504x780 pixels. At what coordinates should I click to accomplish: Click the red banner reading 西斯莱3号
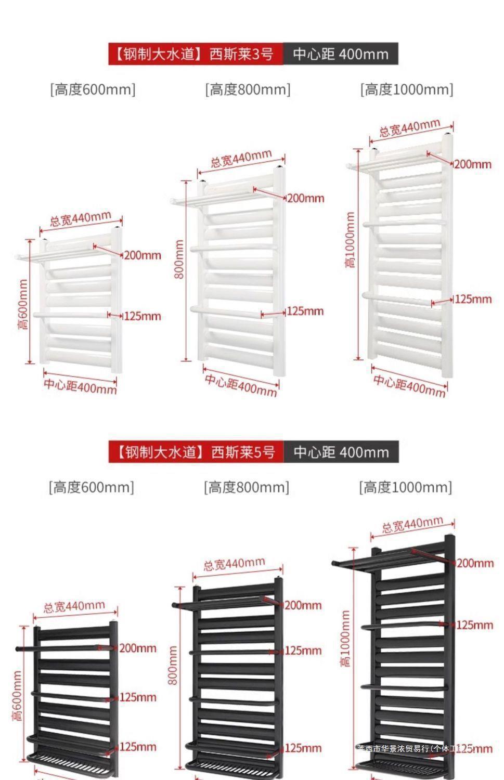[x=196, y=54]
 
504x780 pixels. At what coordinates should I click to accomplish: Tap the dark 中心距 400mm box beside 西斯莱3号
[x=341, y=54]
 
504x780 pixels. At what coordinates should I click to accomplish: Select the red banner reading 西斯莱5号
[x=196, y=452]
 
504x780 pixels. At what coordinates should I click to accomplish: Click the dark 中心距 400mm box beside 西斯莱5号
[x=341, y=452]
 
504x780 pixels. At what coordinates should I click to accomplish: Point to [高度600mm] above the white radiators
[x=93, y=89]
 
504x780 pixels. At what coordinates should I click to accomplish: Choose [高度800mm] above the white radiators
[x=248, y=89]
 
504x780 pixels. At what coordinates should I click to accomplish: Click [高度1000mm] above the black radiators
[x=405, y=487]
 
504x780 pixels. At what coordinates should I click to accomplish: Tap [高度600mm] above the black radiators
[x=92, y=487]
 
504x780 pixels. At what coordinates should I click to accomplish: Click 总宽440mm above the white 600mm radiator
[x=81, y=219]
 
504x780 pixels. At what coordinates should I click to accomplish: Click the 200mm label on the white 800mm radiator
[x=305, y=198]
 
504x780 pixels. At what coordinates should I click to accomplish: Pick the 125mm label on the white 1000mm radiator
[x=473, y=299]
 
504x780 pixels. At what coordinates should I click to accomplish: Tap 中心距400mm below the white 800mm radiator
[x=240, y=385]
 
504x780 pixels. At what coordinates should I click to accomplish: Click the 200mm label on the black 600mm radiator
[x=138, y=648]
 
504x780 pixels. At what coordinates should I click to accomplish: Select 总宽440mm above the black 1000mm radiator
[x=412, y=525]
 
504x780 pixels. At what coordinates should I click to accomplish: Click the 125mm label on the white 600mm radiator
[x=142, y=316]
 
